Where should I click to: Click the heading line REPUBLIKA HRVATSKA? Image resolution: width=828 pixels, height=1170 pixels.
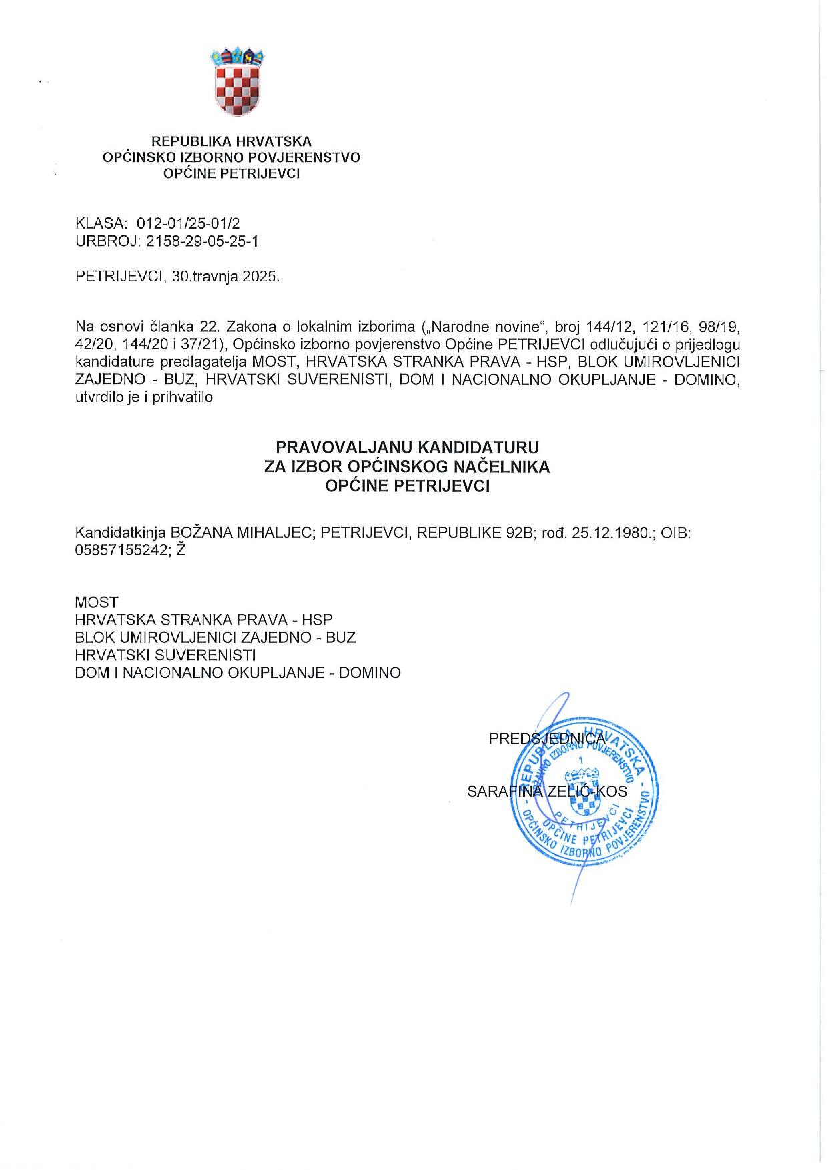pos(232,141)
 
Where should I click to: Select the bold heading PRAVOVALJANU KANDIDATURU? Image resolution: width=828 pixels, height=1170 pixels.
pos(407,447)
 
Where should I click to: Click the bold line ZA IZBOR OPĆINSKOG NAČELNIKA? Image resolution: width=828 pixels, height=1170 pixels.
pos(407,467)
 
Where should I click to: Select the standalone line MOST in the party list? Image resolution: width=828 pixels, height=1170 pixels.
pos(97,602)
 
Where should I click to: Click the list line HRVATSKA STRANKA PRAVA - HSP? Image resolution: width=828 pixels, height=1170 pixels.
pos(203,620)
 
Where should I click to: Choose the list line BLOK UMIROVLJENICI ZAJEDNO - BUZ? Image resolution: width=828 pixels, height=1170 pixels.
pos(216,637)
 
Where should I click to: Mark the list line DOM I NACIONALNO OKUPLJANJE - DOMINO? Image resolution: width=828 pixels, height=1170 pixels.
pos(238,672)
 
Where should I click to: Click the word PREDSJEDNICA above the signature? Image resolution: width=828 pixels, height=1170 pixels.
pos(547,738)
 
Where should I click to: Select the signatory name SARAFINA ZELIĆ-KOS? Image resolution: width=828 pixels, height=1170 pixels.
pos(547,791)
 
